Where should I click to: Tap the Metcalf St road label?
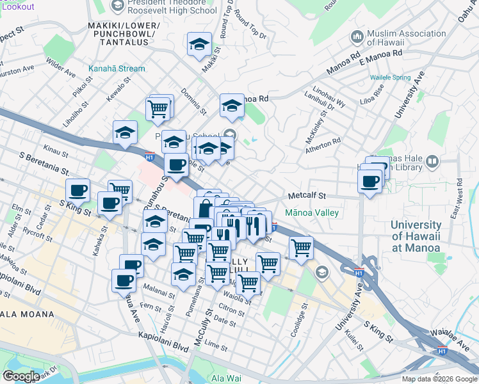click(x=307, y=196)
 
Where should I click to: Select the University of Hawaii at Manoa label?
click(x=416, y=236)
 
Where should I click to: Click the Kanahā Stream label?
click(x=117, y=68)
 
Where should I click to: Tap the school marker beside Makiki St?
click(x=199, y=45)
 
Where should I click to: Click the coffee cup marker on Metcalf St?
click(x=369, y=182)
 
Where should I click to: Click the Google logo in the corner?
click(x=20, y=376)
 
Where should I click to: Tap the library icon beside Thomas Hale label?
click(x=433, y=162)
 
